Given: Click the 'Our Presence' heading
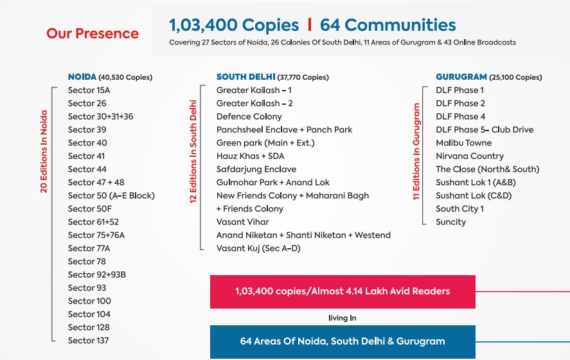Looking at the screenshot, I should click(x=92, y=33).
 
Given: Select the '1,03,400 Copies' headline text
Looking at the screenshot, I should click(x=234, y=26).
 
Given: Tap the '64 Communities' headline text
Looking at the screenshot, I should click(x=387, y=26).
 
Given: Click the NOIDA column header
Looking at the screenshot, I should click(x=110, y=77).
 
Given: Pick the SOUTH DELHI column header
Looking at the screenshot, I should click(x=272, y=77).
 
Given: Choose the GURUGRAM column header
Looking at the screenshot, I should click(x=488, y=77).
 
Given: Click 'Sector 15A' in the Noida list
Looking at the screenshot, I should click(x=89, y=90).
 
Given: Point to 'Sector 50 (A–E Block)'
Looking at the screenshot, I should click(x=111, y=195).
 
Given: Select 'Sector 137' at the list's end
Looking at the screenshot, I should click(x=89, y=340).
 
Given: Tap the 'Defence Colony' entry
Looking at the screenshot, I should click(x=249, y=116).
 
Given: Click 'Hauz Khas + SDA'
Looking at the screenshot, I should click(x=250, y=156).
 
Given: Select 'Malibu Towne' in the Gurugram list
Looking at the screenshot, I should click(x=463, y=143).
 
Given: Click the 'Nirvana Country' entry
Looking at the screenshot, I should click(x=469, y=156).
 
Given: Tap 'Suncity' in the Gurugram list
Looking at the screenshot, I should click(x=450, y=222).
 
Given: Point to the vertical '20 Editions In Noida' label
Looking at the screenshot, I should click(x=44, y=152).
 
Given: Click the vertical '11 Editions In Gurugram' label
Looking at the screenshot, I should click(x=416, y=152).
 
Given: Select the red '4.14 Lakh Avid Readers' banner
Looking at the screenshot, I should click(x=343, y=291).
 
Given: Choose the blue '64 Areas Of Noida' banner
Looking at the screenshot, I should click(x=343, y=341).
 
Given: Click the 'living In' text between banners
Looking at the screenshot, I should click(x=342, y=318).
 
